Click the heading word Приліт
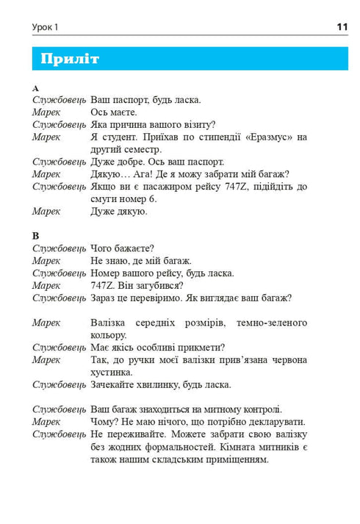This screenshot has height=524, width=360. pos(71,59)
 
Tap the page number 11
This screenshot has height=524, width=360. pos(342,27)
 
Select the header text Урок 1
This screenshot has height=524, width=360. pos(45,28)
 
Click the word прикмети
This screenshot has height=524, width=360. pos(199,348)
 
